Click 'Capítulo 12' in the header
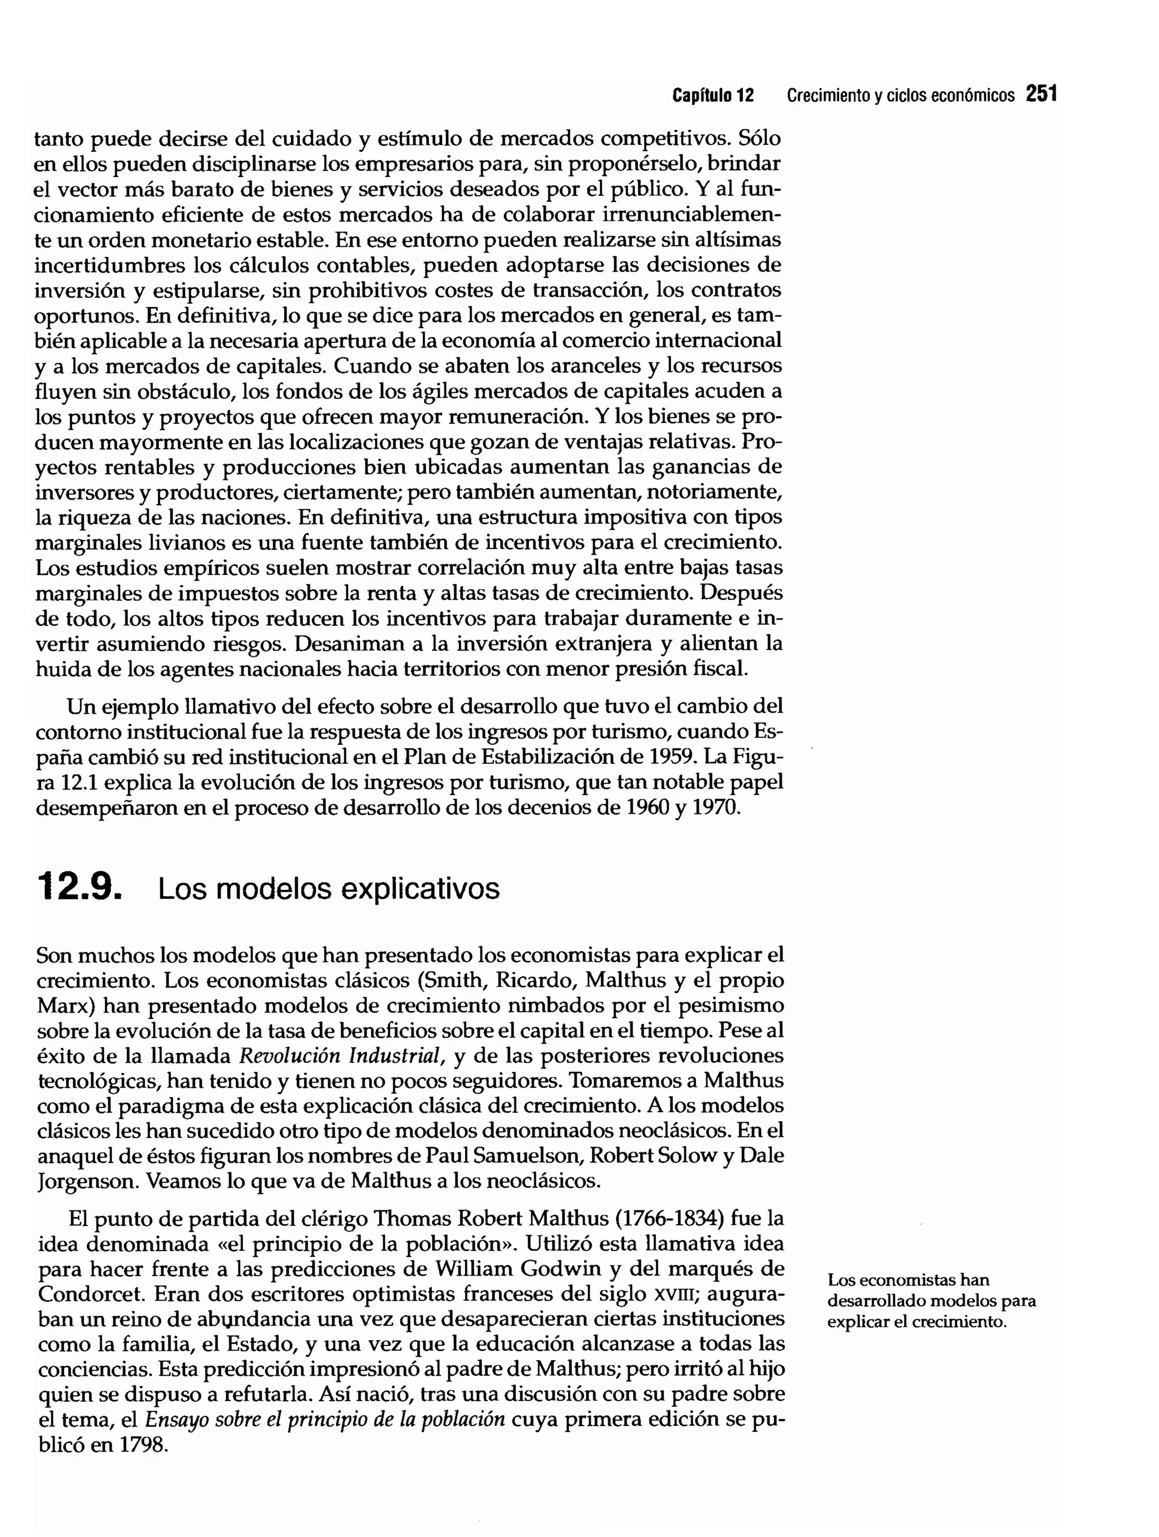tap(712, 95)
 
